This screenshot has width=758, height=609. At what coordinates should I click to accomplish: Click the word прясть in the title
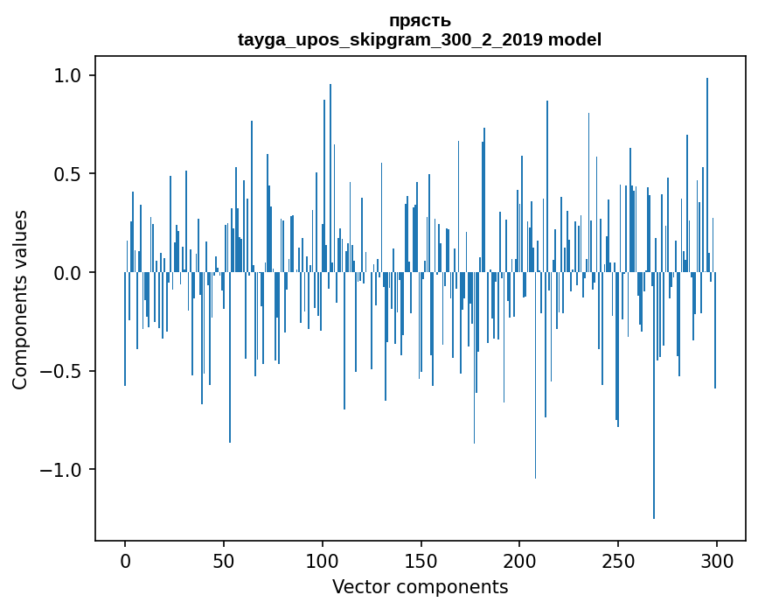point(420,21)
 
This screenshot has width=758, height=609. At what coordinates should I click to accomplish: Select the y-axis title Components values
point(20,299)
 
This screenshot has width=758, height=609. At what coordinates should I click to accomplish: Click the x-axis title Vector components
point(420,587)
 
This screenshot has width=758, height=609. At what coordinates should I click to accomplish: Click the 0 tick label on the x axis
point(125,560)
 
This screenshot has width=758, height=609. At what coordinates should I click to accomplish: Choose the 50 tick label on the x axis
point(224,560)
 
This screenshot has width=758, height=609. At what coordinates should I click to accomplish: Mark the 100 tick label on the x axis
point(323,560)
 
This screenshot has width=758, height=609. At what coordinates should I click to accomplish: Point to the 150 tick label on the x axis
point(421,560)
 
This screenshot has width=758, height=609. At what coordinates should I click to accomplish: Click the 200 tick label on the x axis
point(519,560)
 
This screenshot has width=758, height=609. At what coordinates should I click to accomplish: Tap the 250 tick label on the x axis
point(618,560)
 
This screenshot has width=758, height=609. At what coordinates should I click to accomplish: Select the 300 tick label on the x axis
point(717,560)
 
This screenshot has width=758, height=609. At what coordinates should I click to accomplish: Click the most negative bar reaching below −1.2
point(654,394)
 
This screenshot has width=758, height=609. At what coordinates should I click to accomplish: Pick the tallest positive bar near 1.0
point(707,175)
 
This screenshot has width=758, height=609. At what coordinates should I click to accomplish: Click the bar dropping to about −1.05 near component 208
point(536,376)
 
